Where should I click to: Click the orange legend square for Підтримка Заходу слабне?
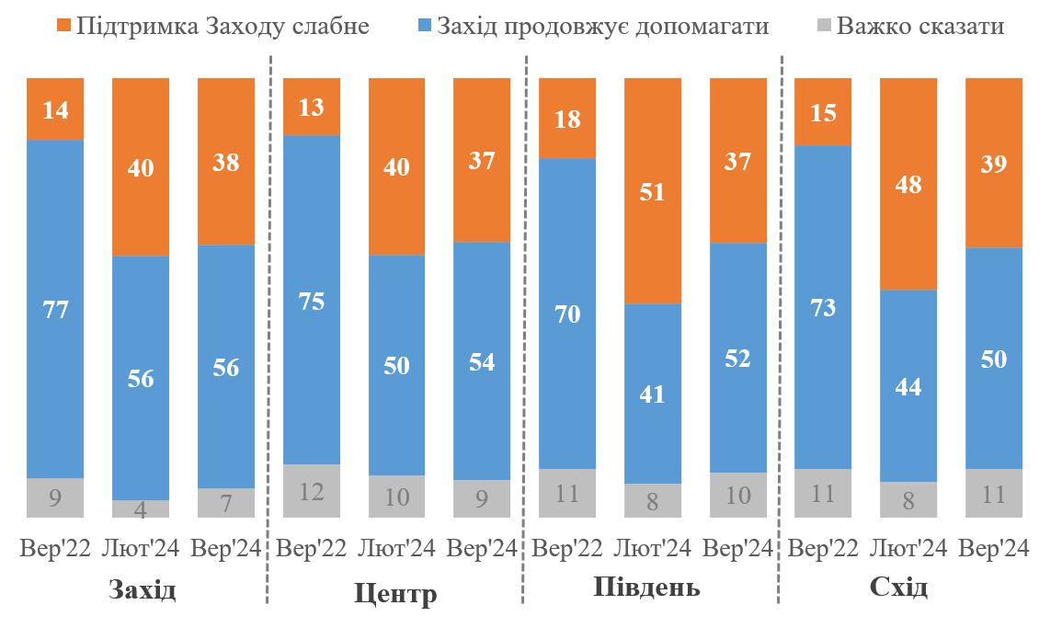click(64, 26)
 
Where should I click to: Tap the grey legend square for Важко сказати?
click(824, 26)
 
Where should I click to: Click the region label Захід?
click(142, 588)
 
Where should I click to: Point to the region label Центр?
click(395, 594)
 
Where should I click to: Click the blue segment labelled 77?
click(54, 309)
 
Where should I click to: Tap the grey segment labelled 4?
click(140, 509)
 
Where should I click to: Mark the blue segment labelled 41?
click(653, 394)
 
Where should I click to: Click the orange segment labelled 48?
click(908, 184)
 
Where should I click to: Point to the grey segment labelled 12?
click(312, 491)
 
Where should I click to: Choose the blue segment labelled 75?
click(312, 300)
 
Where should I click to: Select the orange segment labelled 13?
click(312, 107)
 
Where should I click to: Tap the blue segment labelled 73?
click(823, 307)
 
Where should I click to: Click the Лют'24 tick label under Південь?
click(652, 549)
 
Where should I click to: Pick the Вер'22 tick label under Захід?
click(55, 549)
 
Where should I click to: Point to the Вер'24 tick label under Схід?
click(994, 549)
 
